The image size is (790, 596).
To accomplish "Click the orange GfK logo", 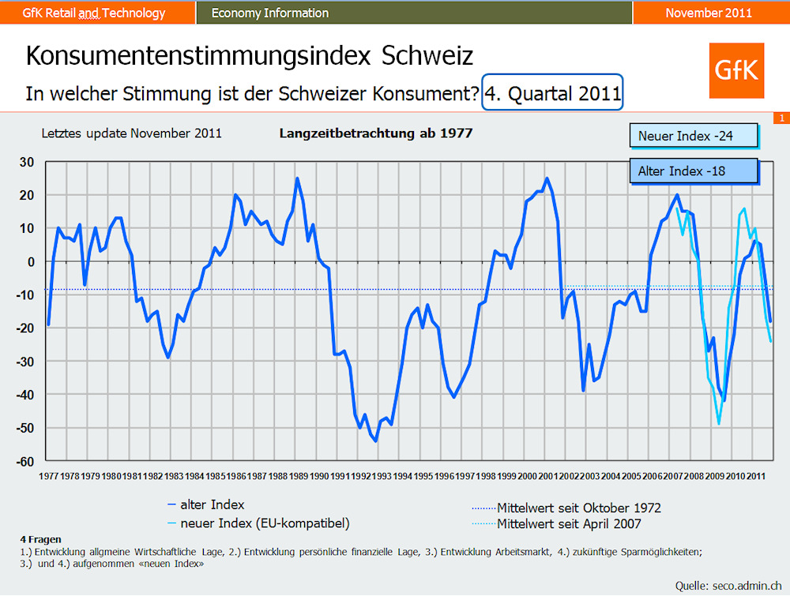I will pos(736,71).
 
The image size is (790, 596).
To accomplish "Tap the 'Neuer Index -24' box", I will pos(694,137).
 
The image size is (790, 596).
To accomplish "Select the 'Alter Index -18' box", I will pos(694,171).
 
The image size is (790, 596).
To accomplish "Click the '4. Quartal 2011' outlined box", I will pos(553,94).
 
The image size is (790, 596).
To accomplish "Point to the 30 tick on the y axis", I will pos(28,162).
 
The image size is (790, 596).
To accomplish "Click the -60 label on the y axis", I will pos(25,461).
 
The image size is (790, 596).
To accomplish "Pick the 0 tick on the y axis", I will pos(31,261).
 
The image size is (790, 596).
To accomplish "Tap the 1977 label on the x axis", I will pos(48,476).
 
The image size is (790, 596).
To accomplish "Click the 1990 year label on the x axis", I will pos(319,476).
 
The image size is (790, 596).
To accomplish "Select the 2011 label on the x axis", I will pos(756,476).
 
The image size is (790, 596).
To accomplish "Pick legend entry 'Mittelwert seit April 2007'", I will pos(569,523).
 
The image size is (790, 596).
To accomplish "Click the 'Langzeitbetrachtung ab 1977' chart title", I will pos(376,133).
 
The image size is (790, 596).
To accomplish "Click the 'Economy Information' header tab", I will pos(270,13).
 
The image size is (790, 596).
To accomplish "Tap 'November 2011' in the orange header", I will pos(709,13).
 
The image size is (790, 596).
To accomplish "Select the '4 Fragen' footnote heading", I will pos(40,538).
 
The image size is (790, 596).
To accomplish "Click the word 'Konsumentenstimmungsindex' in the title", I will pos(197,57).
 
